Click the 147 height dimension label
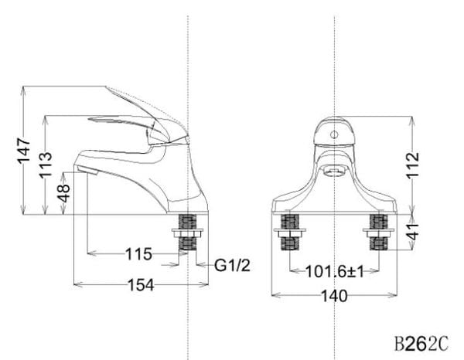(x=24, y=152)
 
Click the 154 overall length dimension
(x=140, y=284)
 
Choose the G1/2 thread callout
(x=230, y=265)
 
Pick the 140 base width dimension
(x=334, y=295)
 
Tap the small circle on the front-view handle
(x=334, y=133)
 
